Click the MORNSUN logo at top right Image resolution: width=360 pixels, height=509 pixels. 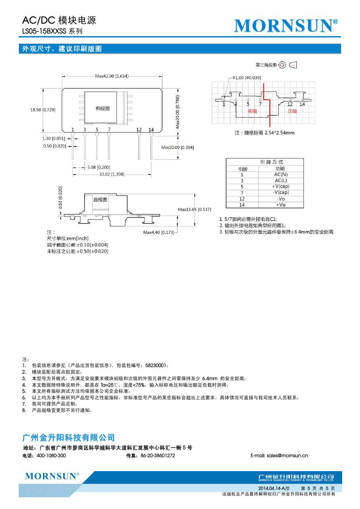click(286, 26)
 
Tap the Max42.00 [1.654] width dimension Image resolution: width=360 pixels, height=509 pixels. click(111, 76)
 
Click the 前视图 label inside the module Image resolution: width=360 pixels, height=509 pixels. click(103, 108)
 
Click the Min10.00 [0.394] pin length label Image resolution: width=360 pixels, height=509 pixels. click(177, 148)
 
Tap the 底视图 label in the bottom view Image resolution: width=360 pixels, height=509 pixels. click(100, 200)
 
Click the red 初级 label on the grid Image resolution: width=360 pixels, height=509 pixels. click(252, 111)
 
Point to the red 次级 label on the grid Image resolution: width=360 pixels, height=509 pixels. click(292, 111)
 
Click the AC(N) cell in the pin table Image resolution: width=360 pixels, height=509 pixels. click(281, 174)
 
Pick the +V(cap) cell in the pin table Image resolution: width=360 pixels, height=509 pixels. click(281, 186)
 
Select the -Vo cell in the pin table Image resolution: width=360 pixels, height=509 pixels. click(281, 199)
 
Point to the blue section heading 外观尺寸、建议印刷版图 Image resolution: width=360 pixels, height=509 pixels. click(62, 49)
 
